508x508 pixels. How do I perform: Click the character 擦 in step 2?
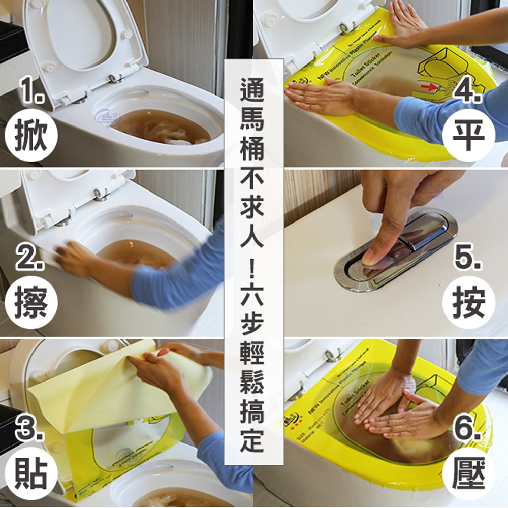pyautogui.click(x=31, y=305)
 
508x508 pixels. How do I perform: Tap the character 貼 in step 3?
pyautogui.click(x=31, y=474)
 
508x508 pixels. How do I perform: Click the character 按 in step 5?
pyautogui.click(x=468, y=305)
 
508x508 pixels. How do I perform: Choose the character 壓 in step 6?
pyautogui.click(x=468, y=474)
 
